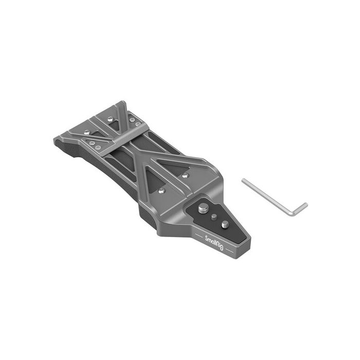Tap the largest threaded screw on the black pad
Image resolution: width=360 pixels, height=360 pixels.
[x=201, y=209]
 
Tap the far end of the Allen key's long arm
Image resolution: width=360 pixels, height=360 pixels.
[x=244, y=180]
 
